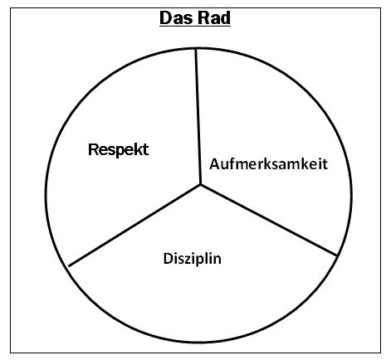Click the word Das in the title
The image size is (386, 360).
coord(176,18)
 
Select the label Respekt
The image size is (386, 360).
coord(119,150)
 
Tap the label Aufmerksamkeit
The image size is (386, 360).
coord(269,163)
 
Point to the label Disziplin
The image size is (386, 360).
coord(193,259)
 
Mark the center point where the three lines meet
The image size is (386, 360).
coord(201,184)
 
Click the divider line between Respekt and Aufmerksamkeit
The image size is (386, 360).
coord(198,116)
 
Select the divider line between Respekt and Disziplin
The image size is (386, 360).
coord(134,226)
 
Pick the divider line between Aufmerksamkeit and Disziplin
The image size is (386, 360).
coord(269,220)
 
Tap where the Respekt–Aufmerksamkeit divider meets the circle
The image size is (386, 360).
coord(196,49)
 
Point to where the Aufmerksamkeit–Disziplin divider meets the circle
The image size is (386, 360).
coord(337,255)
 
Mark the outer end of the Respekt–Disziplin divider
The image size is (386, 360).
coord(69,266)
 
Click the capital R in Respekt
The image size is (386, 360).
coord(93,149)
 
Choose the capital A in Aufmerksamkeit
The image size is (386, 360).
coord(215,163)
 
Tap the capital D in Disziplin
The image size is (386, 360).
coord(169,259)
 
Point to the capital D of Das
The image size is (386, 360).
coord(165,18)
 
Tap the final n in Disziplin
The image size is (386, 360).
coord(217,260)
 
